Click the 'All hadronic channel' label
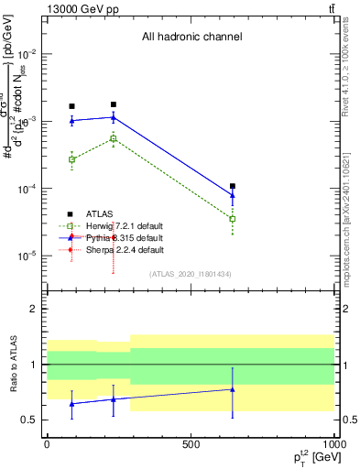(x=191, y=38)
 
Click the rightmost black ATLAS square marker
(x=233, y=186)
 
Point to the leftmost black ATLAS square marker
(x=71, y=106)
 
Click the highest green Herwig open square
(x=114, y=138)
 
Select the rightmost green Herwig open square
(x=233, y=219)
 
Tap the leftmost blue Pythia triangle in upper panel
(x=71, y=121)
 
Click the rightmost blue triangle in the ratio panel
(x=233, y=389)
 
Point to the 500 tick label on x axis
(x=190, y=443)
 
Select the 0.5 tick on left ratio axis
(x=33, y=420)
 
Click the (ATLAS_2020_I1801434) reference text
(x=191, y=274)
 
